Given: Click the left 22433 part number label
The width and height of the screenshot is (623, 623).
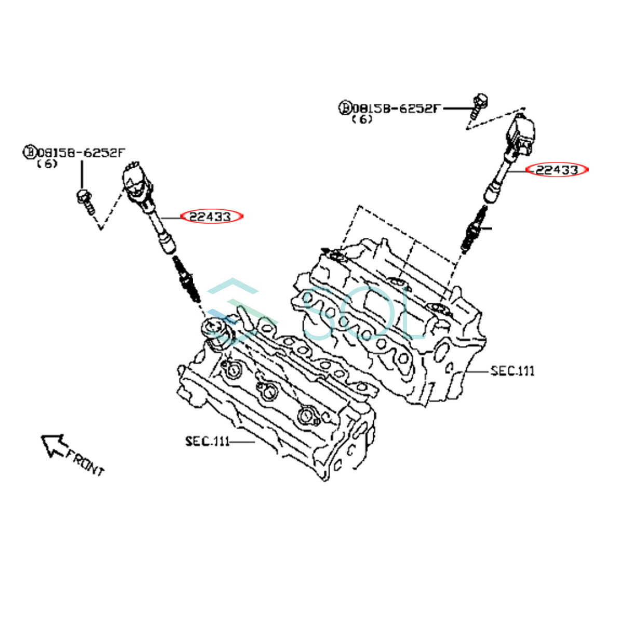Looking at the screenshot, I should [x=211, y=216].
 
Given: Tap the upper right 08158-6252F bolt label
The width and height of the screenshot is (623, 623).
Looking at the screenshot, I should [x=397, y=109].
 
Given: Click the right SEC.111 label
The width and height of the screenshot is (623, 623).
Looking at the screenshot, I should [x=512, y=371].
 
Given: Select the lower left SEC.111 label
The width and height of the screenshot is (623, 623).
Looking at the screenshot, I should [x=207, y=441].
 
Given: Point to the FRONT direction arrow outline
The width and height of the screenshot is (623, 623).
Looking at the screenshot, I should [x=53, y=445].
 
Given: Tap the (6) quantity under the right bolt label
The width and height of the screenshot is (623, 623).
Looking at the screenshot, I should [x=362, y=119].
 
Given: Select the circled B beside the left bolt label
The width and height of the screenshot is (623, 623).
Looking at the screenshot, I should [x=29, y=153].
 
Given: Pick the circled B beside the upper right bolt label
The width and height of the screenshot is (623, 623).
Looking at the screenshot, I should [x=345, y=109].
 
